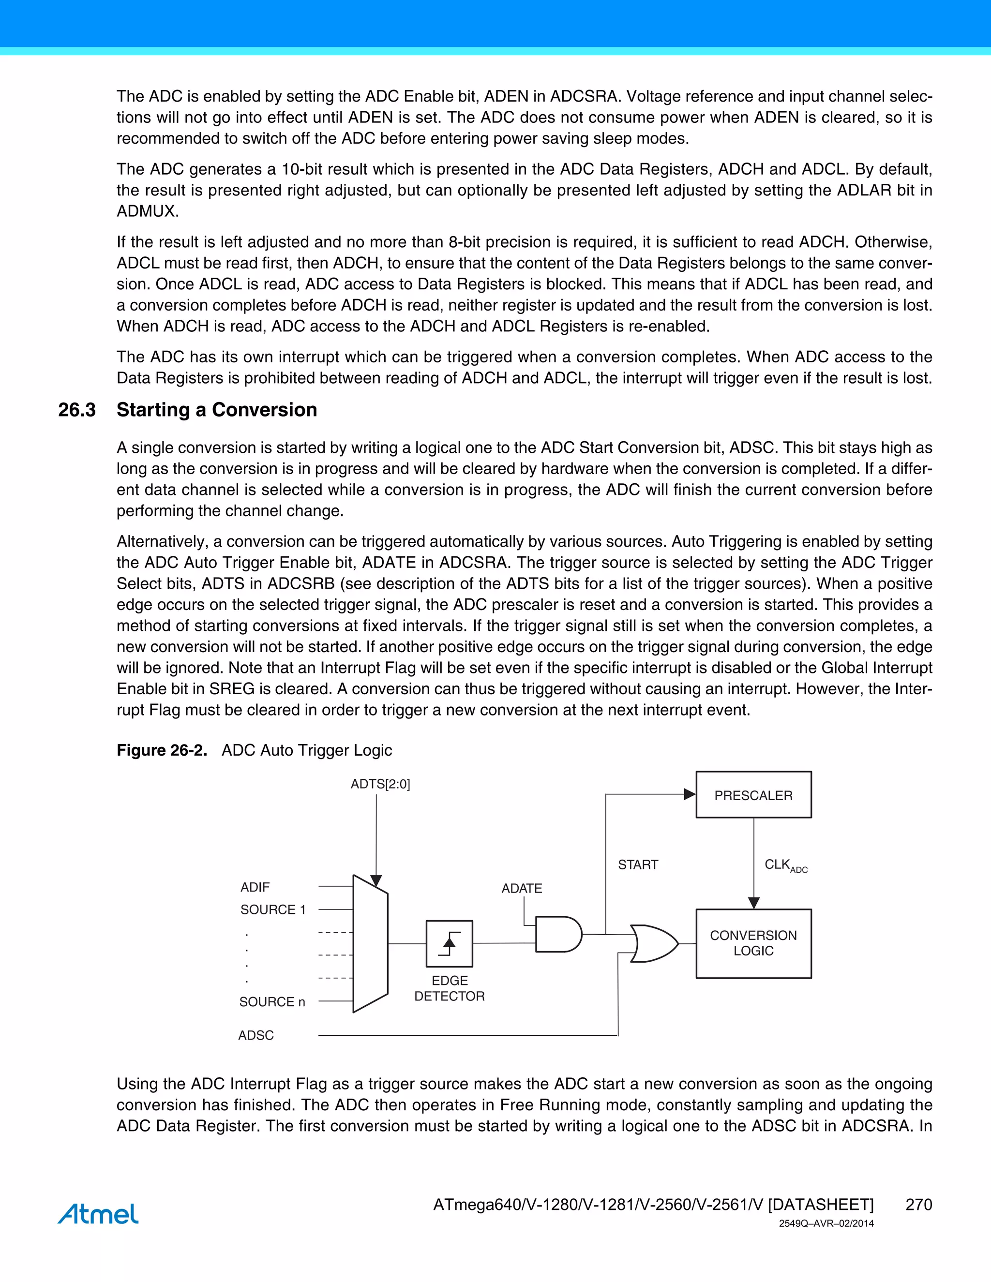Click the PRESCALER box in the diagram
coord(753,795)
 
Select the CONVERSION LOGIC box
coord(753,943)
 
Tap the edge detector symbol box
coord(449,943)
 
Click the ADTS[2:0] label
coord(380,784)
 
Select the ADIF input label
coord(255,887)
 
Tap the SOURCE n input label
coord(272,1001)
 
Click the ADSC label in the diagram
coord(256,1035)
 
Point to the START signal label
coord(638,864)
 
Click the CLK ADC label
coord(785,865)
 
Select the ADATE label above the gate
coord(521,888)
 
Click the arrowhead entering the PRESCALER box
coord(690,794)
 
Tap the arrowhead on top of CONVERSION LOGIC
coord(754,903)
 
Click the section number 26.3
coord(77,410)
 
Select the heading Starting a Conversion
coord(217,410)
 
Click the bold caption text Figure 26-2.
coord(162,750)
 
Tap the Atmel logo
coord(98,1213)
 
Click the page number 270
coord(918,1205)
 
